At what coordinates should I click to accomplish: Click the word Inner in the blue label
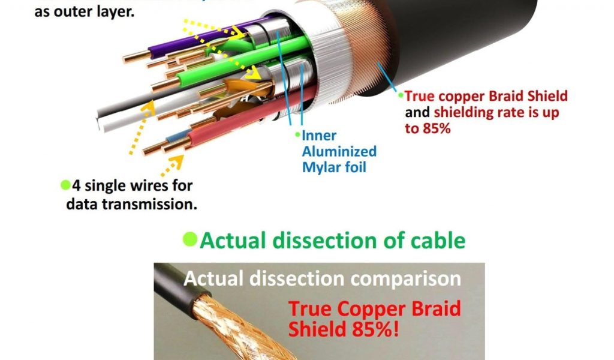[x=319, y=135]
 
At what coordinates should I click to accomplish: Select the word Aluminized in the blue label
[x=339, y=151]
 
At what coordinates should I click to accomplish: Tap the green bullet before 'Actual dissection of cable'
[x=189, y=239]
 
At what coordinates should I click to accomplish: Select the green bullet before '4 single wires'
[x=65, y=184]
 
